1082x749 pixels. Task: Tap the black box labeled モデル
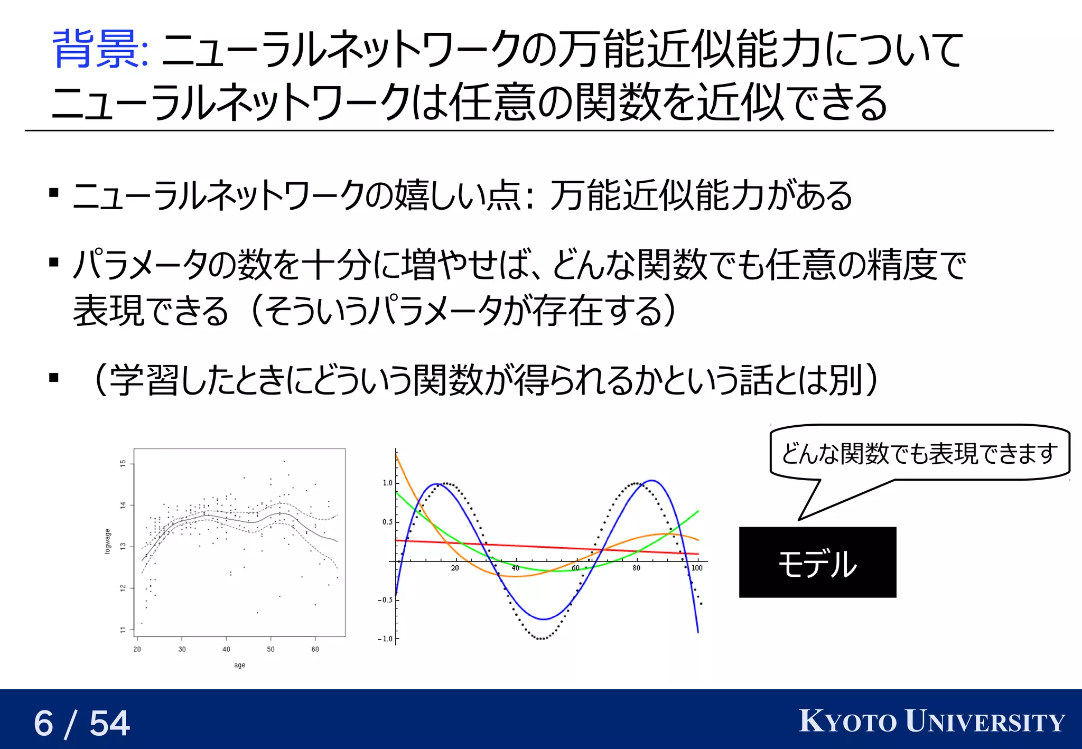[x=817, y=563]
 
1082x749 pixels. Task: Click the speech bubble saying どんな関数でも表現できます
[x=919, y=453]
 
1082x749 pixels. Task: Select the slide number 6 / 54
[x=82, y=723]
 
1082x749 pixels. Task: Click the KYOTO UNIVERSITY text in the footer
[x=932, y=722]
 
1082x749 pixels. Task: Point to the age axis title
[x=239, y=665]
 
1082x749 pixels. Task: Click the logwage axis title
[x=108, y=541]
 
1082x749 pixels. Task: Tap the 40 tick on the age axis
[x=226, y=649]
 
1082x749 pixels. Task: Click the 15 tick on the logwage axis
[x=123, y=463]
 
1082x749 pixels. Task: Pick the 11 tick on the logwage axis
[x=123, y=630]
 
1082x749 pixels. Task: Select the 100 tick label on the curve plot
[x=697, y=568]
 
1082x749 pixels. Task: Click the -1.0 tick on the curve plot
[x=385, y=639]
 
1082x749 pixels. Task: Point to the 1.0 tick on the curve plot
[x=387, y=483]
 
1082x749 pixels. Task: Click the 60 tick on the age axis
[x=315, y=649]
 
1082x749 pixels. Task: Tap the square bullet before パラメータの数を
[x=53, y=262]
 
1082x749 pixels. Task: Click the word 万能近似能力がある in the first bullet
[x=701, y=195]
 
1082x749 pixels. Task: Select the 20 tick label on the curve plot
[x=455, y=568]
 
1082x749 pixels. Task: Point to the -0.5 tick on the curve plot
[x=385, y=600]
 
